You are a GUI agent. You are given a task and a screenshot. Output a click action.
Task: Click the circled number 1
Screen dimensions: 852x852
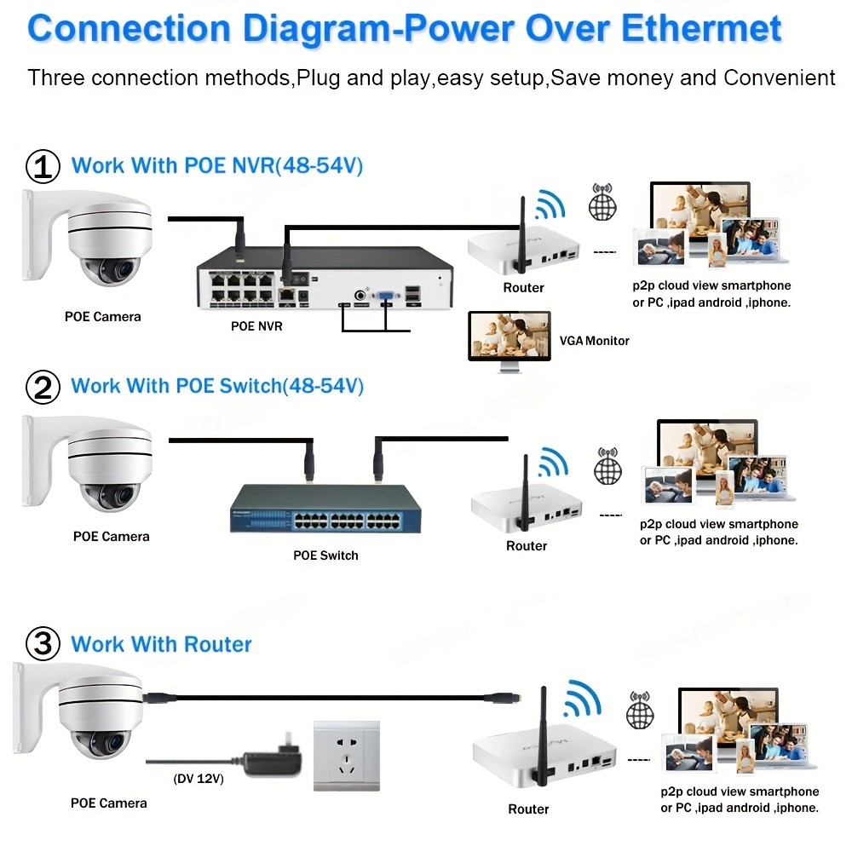tap(43, 167)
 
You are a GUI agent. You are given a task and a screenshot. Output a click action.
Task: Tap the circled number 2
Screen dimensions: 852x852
tap(43, 388)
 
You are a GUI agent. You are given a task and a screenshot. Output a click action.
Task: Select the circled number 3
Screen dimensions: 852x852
tap(43, 644)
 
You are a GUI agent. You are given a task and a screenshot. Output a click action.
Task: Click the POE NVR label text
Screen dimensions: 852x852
tap(256, 325)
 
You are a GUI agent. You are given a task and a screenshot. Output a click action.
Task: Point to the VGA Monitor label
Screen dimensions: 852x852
tap(594, 341)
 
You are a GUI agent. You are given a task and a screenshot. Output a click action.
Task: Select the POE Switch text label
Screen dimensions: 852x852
tap(325, 556)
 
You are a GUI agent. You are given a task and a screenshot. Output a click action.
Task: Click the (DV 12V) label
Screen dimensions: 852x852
tap(199, 779)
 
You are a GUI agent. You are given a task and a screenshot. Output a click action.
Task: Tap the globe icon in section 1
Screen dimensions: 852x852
tap(602, 204)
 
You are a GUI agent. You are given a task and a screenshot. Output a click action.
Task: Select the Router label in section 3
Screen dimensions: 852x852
tap(528, 809)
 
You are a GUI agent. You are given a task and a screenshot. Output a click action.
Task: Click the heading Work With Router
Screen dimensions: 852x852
tap(161, 644)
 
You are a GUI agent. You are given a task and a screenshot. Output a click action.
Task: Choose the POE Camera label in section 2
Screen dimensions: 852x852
tap(111, 537)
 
